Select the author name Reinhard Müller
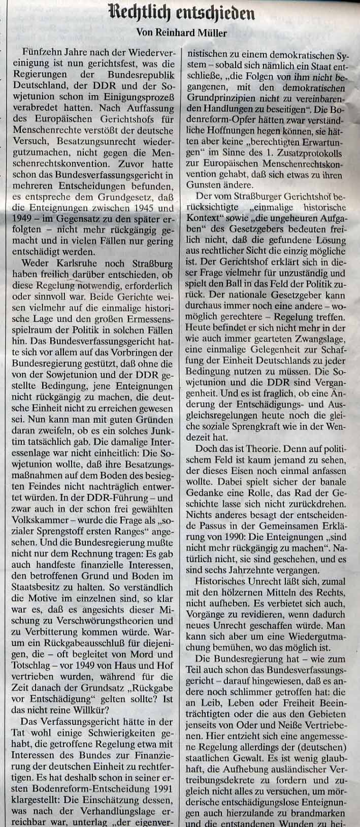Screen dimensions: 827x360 [x=197, y=32]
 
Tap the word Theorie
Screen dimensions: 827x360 [x=259, y=449]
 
